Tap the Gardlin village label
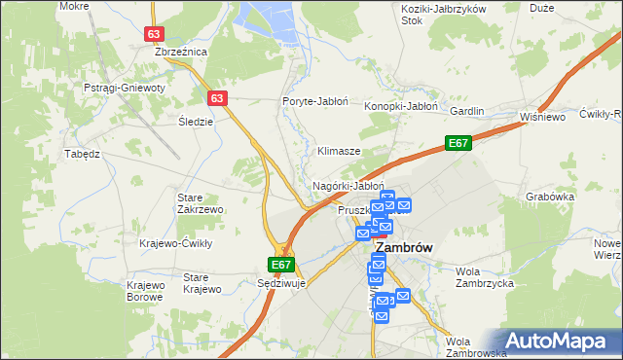click(466, 111)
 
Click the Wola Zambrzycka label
click(484, 277)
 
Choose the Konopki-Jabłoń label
click(401, 106)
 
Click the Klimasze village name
click(340, 152)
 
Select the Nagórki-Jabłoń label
click(348, 185)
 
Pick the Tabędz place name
click(83, 154)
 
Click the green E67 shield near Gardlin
click(459, 143)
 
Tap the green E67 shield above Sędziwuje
click(280, 264)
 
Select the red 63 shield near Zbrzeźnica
click(154, 33)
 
